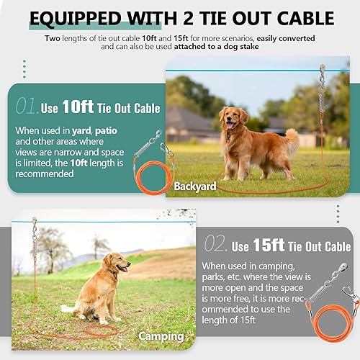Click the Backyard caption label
coord(194,186)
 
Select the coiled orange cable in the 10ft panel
coord(147,176)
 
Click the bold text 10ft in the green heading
coord(78,107)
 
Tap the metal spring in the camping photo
coord(34,248)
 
